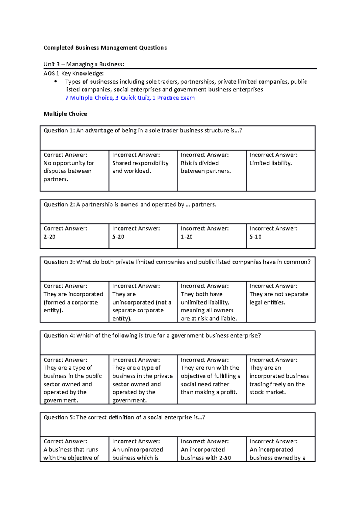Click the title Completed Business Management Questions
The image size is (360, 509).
click(105, 48)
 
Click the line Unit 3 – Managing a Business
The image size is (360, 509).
click(84, 64)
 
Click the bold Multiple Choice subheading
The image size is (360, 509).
click(65, 114)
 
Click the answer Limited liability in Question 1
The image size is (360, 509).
click(271, 163)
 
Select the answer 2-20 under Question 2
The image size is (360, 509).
click(49, 237)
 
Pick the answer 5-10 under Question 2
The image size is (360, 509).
click(255, 237)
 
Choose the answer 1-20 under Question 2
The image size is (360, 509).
click(187, 237)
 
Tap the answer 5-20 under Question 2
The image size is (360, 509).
click(118, 237)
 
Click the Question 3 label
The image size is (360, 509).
click(59, 262)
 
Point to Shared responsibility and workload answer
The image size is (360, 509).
click(140, 167)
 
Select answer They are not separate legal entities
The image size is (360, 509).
click(278, 298)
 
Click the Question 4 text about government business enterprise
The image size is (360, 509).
click(152, 336)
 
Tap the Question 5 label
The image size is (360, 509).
click(59, 417)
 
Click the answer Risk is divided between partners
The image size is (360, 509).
click(205, 167)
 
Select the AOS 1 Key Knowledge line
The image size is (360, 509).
click(73, 73)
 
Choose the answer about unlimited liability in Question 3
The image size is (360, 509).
click(208, 306)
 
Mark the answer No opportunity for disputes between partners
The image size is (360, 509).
click(69, 171)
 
